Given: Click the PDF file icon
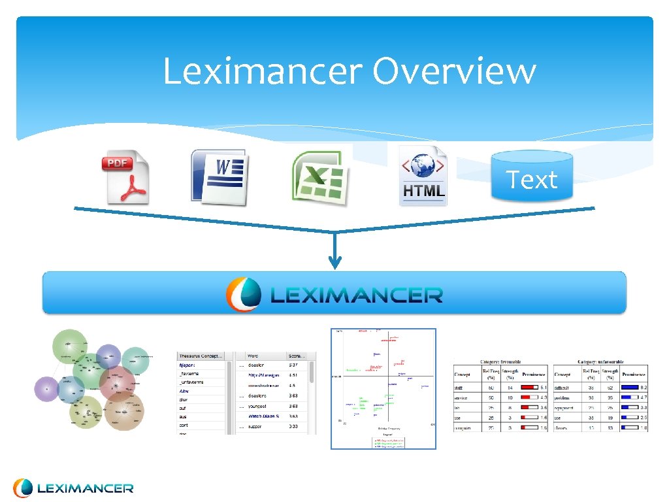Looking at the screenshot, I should pyautogui.click(x=125, y=177).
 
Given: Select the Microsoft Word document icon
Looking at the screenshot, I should pyautogui.click(x=218, y=176).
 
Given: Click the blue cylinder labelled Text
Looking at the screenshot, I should pyautogui.click(x=532, y=176).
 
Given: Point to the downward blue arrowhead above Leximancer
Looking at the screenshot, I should pyautogui.click(x=334, y=263).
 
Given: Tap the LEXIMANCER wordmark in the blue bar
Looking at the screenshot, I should pyautogui.click(x=356, y=295).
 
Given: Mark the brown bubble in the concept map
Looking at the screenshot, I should pyautogui.click(x=123, y=410).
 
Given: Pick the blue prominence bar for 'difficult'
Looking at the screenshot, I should pyautogui.click(x=630, y=388).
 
